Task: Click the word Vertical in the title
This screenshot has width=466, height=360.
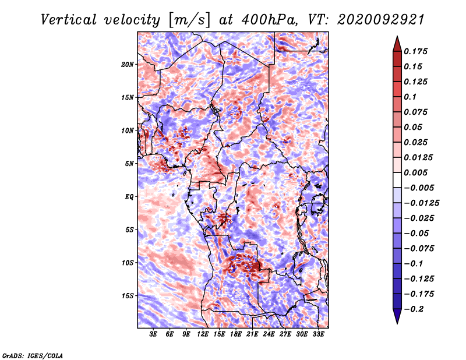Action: (69, 20)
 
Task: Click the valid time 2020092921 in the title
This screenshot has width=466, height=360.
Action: (381, 20)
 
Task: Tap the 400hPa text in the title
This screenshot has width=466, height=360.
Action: (269, 20)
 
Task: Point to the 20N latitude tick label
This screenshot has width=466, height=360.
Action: (128, 65)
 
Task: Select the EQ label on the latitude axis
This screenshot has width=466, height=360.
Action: (129, 197)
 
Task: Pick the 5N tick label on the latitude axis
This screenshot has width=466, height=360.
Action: (129, 164)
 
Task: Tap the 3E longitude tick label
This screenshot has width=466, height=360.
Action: (153, 334)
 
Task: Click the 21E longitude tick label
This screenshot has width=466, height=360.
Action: (252, 334)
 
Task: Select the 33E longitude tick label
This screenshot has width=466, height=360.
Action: (318, 334)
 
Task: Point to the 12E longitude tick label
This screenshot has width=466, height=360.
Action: (202, 334)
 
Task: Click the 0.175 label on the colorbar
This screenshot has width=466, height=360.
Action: (416, 51)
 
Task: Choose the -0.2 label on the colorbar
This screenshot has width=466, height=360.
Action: (414, 309)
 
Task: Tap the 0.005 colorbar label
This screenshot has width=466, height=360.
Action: (416, 172)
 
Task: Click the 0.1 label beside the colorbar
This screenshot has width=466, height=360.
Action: (410, 97)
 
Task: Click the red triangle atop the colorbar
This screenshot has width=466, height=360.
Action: (397, 44)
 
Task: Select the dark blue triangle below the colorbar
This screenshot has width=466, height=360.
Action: (397, 316)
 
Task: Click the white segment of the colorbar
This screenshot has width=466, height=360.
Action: (397, 180)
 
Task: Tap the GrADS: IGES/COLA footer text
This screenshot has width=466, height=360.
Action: (33, 355)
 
